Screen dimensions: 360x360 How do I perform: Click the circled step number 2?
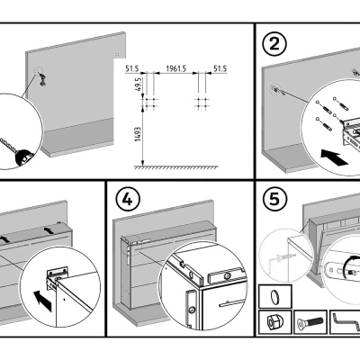(x=274, y=44)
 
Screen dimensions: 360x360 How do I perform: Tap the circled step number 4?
(x=128, y=200)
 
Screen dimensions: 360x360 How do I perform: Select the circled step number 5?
(x=274, y=200)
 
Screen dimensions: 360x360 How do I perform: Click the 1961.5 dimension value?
(x=176, y=68)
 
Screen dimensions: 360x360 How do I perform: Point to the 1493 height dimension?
(x=138, y=134)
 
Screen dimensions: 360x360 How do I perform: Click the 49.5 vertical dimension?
(x=139, y=85)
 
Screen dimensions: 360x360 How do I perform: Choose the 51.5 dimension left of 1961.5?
(x=131, y=68)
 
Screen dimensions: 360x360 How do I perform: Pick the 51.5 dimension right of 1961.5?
(x=220, y=68)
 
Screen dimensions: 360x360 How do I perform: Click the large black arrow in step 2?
(x=334, y=157)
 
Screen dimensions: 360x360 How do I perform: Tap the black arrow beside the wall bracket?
(x=42, y=301)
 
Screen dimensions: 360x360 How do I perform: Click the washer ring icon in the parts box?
(x=274, y=297)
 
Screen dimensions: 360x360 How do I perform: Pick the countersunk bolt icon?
(x=310, y=322)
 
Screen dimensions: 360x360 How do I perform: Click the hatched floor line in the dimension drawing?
(x=176, y=167)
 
